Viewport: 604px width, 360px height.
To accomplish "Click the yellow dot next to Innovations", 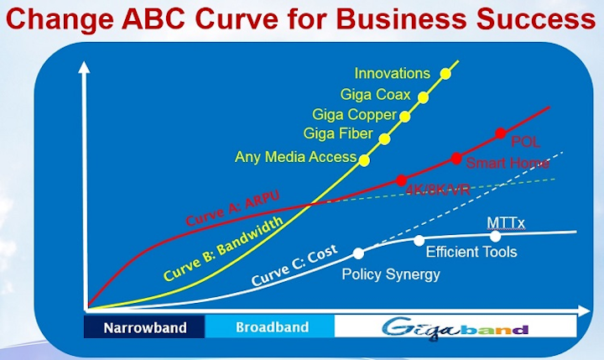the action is pos(445,74).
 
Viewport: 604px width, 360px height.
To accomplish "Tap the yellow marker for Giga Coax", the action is pos(423,97).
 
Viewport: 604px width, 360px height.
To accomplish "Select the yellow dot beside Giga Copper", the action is pos(404,117).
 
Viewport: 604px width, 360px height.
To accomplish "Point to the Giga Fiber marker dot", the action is pos(384,139).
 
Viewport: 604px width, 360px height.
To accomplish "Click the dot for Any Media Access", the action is pos(364,160).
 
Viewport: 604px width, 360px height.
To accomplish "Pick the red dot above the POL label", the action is pos(500,133).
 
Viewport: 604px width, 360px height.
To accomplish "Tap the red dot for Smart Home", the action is pos(456,159).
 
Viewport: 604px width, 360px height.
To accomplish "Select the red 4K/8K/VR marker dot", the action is pos(401,180).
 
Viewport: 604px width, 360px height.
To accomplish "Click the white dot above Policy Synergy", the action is pos(358,253).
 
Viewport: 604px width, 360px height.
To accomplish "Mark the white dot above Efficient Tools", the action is pos(419,241).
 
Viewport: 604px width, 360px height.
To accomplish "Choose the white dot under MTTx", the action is pos(495,237).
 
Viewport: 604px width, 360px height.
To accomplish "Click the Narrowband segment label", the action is pos(145,327).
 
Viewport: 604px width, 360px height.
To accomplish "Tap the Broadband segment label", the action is pos(273,327).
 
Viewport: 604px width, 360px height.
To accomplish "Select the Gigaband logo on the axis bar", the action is pos(455,329).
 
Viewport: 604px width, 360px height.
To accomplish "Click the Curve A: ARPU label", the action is pos(232,208).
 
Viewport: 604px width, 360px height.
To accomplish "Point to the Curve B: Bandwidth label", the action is pos(223,248).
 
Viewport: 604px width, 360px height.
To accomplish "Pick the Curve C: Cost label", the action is pos(294,265).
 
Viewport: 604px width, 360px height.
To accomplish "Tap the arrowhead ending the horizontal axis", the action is pos(584,310).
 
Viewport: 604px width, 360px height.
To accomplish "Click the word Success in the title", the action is pos(537,19).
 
